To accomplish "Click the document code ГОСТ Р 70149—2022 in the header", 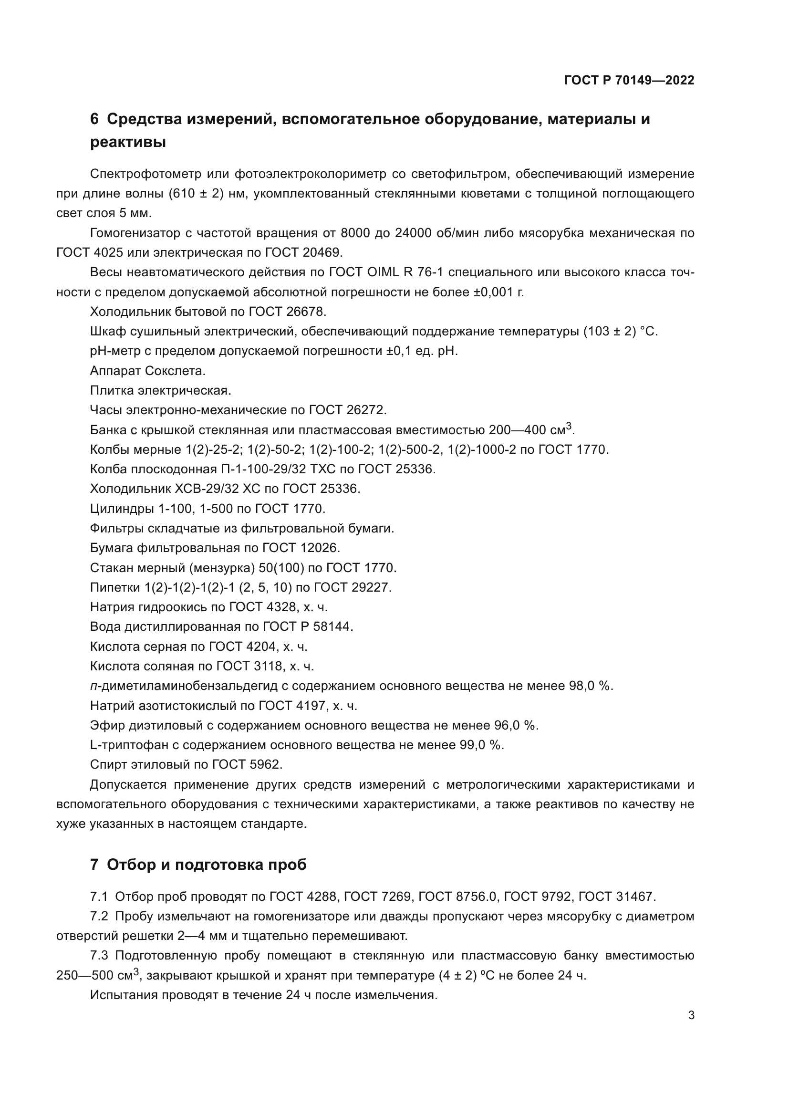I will pos(629,81).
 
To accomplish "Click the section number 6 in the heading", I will pos(94,119).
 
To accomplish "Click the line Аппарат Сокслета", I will pos(148,371).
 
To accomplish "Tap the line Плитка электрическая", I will pos(161,390).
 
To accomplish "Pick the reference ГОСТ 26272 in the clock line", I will pos(347,410).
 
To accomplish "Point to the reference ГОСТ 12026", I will pos(301,548).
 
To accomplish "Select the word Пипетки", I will pos(115,588).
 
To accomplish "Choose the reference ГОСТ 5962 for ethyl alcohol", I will pos(247,764).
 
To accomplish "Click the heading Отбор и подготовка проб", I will pos(207,865).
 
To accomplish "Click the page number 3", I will pos(691,1015).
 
